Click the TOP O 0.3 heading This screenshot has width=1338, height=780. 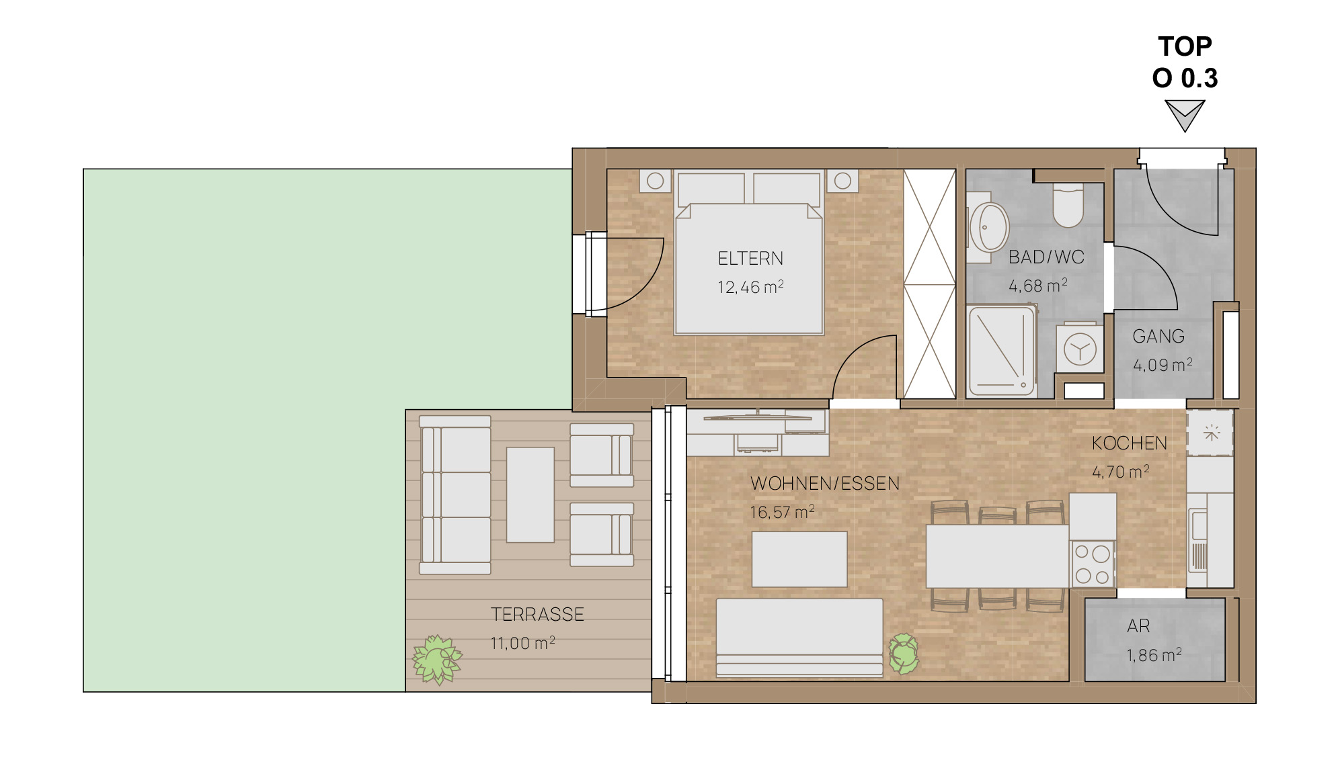[x=1185, y=62]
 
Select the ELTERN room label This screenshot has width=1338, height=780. [x=750, y=259]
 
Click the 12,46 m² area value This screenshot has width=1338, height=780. [x=750, y=287]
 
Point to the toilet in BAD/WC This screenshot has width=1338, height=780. [x=1068, y=204]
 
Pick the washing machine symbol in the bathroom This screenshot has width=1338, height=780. [x=1080, y=349]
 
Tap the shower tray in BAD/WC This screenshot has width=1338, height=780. [x=1002, y=351]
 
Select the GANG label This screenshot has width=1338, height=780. [x=1158, y=336]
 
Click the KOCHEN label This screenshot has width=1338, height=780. [x=1130, y=443]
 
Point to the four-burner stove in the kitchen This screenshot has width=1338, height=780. [x=1092, y=564]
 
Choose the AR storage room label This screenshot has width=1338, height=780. [x=1138, y=626]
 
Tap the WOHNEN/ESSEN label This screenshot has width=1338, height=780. [x=825, y=484]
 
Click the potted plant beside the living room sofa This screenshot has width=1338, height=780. [x=904, y=654]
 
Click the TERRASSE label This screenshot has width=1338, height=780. [x=537, y=615]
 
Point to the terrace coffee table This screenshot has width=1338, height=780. [x=530, y=494]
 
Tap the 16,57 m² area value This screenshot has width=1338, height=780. [x=783, y=512]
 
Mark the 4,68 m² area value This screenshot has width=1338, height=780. [x=1038, y=286]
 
